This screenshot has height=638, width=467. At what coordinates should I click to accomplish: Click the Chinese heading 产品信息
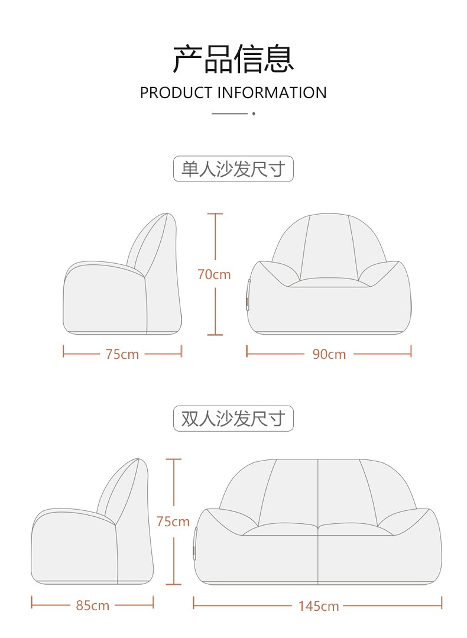coord(233,59)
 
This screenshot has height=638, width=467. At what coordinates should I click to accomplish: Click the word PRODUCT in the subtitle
coord(176,93)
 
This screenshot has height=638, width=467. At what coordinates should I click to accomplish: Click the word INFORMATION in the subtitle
coord(272,93)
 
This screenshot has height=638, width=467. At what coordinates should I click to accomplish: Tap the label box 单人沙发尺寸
coord(233,169)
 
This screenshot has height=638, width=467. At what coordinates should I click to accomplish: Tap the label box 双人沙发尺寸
coord(233,419)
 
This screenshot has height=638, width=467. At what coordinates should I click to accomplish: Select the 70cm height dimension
coord(214,274)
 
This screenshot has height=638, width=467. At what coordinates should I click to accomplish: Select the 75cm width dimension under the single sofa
coord(122,354)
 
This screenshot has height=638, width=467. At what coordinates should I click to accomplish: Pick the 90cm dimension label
coord(329,354)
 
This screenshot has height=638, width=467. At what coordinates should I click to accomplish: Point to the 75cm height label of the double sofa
coord(173,522)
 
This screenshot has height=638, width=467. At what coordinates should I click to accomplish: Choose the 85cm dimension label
coord(92,605)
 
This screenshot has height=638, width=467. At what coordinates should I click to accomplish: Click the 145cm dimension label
coord(318,605)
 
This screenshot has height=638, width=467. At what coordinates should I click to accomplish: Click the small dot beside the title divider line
coord(253,112)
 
